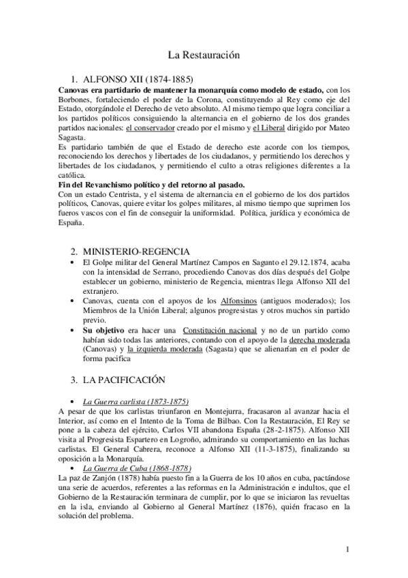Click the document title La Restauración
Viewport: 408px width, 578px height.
click(204, 54)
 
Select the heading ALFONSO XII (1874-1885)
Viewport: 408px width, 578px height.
click(140, 79)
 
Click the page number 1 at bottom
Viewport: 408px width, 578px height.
click(347, 549)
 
